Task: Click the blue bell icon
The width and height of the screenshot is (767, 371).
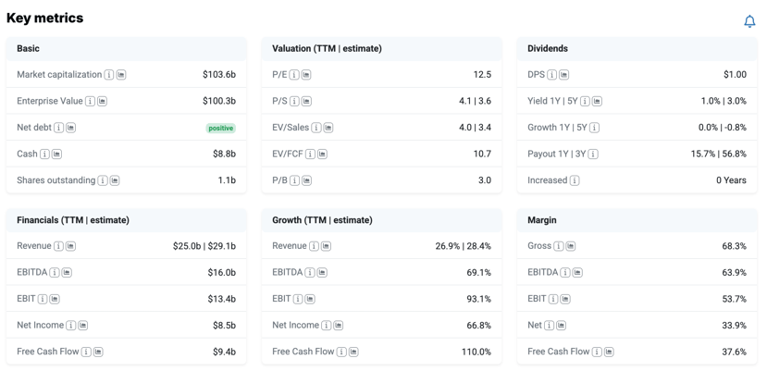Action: (749, 21)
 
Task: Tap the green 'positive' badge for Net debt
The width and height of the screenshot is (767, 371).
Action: (220, 129)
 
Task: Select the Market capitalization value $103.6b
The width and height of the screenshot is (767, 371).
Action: (219, 74)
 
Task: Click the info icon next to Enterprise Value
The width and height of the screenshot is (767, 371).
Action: (90, 102)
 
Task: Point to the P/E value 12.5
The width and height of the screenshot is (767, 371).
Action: (482, 74)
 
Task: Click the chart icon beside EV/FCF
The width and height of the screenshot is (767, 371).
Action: (322, 155)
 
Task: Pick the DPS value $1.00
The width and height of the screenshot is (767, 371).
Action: (736, 74)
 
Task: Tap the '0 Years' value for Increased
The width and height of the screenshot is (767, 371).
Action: (731, 180)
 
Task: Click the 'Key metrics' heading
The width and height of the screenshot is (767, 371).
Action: (44, 19)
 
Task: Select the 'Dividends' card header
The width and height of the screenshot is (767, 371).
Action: (548, 48)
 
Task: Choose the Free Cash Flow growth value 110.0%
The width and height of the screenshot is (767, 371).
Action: (476, 352)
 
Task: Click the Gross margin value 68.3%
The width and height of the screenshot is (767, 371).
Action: (735, 246)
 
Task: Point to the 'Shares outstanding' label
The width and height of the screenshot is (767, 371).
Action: (56, 180)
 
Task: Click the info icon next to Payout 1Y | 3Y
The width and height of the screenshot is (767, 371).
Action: (593, 155)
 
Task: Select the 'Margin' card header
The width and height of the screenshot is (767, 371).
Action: (542, 220)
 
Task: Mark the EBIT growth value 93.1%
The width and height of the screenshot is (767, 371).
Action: (479, 299)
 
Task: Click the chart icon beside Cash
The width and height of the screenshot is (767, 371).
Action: (56, 155)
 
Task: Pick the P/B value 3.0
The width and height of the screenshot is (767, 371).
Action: (485, 180)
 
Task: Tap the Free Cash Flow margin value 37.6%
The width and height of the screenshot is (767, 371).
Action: (735, 352)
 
